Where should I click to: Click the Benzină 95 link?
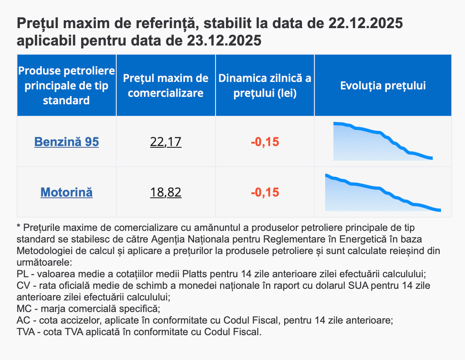coord(67,142)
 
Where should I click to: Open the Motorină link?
coord(67,192)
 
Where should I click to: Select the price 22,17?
coord(166,142)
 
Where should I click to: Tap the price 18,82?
coord(166,192)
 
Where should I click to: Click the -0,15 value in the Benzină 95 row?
coord(265,142)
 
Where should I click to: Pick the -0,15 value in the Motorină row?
coord(265,192)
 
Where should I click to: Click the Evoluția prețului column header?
coord(383,86)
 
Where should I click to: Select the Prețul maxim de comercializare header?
coord(166,86)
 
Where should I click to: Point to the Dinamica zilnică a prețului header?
coord(265,86)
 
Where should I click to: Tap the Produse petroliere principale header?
coord(67,86)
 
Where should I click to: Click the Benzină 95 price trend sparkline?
coord(383,142)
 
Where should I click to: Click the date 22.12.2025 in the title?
coord(366,24)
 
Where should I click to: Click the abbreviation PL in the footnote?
coord(22,274)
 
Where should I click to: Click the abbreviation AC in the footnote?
coord(23,321)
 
